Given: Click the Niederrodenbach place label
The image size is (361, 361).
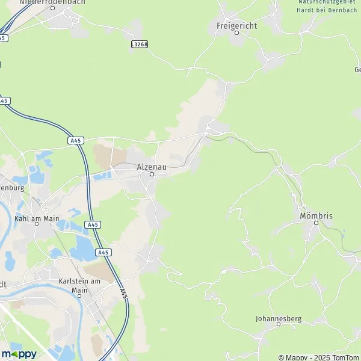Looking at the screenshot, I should pyautogui.click(x=52, y=2).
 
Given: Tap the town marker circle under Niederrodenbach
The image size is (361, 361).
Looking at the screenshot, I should pyautogui.click(x=52, y=9).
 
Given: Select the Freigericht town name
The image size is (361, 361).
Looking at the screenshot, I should pyautogui.click(x=236, y=26).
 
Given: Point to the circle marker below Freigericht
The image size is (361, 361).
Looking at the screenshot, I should pyautogui.click(x=236, y=33).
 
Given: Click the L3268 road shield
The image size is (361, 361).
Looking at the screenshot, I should pyautogui.click(x=139, y=44).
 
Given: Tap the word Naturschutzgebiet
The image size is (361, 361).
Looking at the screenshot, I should pyautogui.click(x=322, y=2).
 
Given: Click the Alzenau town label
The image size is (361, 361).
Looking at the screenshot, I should pyautogui.click(x=152, y=166).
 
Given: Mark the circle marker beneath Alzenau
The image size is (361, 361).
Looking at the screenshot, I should pyautogui.click(x=152, y=174).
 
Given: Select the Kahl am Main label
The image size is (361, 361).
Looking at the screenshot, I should pyautogui.click(x=35, y=218).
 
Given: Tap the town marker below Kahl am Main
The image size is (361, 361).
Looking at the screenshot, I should pyautogui.click(x=35, y=226).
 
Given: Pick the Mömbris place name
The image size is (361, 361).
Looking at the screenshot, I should pyautogui.click(x=316, y=215).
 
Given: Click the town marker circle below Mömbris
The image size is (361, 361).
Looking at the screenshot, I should pyautogui.click(x=316, y=223).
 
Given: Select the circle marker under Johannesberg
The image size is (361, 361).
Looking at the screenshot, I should pyautogui.click(x=278, y=324).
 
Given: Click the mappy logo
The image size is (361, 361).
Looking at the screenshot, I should pyautogui.click(x=19, y=353).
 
